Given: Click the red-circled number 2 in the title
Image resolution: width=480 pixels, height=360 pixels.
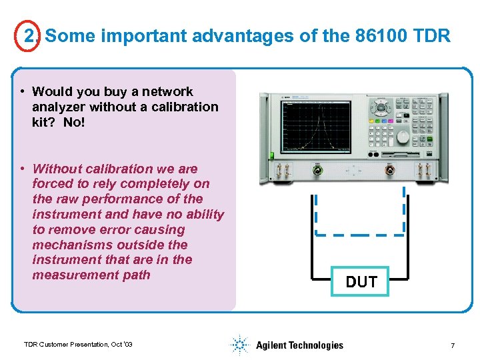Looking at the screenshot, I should (29, 36).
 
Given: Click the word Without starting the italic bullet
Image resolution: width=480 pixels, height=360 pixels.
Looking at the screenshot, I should (58, 169).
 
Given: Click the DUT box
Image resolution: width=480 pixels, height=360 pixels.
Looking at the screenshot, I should (361, 282).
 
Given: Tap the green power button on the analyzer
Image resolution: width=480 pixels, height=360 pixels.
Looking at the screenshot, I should (271, 155).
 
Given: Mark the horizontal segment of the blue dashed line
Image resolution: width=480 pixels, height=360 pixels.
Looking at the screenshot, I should (360, 233).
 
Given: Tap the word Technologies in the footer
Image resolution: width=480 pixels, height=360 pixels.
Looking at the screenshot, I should (315, 345).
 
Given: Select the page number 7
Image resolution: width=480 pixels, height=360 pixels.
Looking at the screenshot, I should (453, 345).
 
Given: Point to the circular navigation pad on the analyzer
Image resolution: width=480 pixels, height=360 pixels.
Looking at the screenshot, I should (381, 107).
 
